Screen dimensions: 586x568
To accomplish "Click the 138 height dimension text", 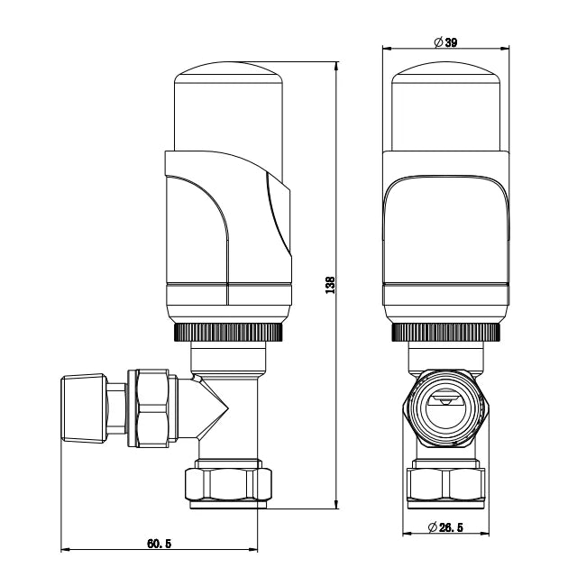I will tap(331, 286).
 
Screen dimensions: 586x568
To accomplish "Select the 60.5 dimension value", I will tap(159, 543).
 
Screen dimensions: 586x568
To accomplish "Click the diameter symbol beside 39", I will tap(437, 42).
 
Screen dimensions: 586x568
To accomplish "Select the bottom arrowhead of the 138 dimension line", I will tap(336, 506).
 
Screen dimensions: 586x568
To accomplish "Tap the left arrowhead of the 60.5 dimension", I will tap(65, 550).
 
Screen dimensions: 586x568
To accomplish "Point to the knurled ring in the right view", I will tap(447, 333).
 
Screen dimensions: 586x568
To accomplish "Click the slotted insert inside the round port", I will tap(446, 405).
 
